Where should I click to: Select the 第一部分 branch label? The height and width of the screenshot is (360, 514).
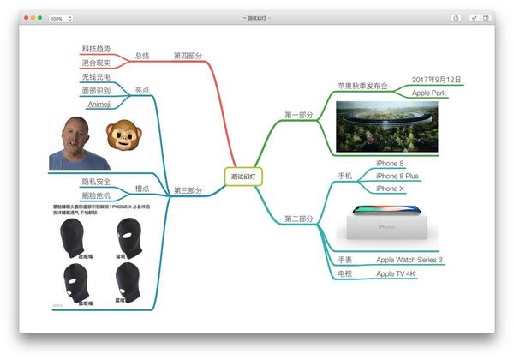[x=298, y=114]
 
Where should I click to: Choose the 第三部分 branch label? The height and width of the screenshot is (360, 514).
[x=188, y=190]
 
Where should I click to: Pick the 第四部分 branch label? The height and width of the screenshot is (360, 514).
[x=188, y=56]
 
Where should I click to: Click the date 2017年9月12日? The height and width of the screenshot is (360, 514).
[x=437, y=80]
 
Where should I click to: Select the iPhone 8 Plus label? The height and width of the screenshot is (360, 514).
[x=397, y=176]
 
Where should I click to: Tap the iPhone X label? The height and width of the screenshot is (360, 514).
[x=391, y=189]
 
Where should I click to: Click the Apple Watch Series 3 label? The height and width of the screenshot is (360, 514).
[x=409, y=260]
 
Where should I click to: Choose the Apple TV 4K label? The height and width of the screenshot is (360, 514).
[x=397, y=273]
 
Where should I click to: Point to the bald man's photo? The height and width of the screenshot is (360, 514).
[x=80, y=141]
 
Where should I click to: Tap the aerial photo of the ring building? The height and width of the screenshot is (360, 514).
[x=388, y=126]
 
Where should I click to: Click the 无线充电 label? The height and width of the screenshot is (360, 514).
[x=95, y=78]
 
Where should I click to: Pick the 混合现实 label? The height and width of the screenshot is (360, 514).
[x=95, y=63]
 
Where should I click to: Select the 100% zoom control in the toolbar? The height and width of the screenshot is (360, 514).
[x=61, y=17]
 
